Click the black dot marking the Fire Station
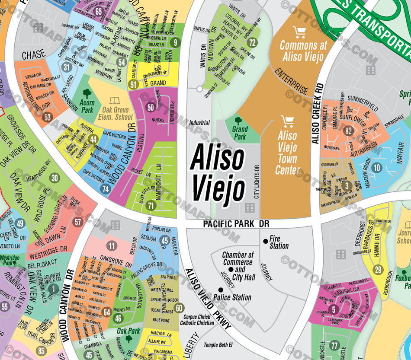265,241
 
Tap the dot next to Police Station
221,290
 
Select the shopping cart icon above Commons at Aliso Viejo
298,32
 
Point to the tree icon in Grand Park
238,120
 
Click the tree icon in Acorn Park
87,93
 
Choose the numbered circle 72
252,42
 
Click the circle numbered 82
349,131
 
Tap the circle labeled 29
379,270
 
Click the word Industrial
199,123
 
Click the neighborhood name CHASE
33,54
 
